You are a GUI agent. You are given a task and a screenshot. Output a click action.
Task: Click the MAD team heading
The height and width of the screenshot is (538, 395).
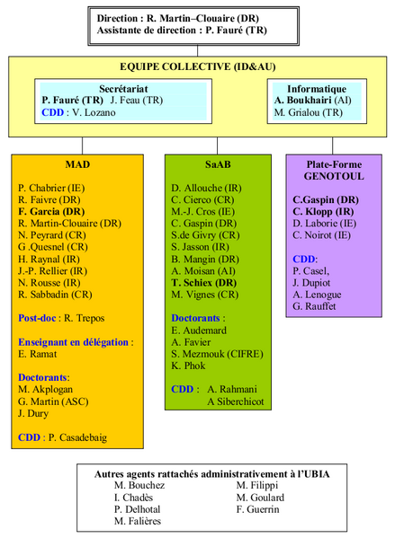pos(77,164)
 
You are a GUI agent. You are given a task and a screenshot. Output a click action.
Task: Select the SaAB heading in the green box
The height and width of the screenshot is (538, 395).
pos(218,164)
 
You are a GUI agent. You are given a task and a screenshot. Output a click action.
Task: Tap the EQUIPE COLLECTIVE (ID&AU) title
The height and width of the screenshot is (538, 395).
pos(198,66)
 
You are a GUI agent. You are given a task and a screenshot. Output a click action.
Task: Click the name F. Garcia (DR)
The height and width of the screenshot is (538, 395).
pos(51,211)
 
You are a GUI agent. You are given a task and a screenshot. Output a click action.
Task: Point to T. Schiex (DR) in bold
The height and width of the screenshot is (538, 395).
pos(204,283)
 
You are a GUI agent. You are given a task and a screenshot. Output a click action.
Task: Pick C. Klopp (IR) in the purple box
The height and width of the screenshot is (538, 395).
pos(323,211)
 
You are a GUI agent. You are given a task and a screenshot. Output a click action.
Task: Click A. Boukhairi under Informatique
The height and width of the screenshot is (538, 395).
pos(303,101)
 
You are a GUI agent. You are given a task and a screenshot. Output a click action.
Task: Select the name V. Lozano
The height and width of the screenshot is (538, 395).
pos(94,112)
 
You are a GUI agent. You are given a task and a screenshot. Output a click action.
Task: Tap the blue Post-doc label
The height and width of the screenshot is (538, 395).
pos(37,318)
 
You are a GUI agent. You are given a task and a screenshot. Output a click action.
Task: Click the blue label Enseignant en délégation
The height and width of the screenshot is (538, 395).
pos(73,342)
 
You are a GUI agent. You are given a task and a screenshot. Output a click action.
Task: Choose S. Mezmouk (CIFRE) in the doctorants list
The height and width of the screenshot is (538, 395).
pos(217,354)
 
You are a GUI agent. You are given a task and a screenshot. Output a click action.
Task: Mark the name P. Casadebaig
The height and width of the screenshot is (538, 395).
pos(77,437)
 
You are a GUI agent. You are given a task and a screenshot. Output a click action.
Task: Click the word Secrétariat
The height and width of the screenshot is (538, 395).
pos(123,89)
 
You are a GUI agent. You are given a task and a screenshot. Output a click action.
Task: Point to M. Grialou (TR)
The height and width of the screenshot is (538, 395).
pos(309,112)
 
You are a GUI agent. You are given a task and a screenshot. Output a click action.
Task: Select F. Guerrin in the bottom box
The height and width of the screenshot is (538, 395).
pos(258,509)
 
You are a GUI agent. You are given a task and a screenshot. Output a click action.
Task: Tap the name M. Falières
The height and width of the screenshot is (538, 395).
pos(138,521)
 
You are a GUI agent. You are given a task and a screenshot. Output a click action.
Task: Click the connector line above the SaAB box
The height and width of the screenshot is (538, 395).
pos(217,146)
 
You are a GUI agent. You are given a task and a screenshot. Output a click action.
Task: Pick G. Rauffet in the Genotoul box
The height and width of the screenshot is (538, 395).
pos(314,306)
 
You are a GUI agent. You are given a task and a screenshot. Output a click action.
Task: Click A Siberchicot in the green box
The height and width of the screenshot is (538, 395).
pos(236,401)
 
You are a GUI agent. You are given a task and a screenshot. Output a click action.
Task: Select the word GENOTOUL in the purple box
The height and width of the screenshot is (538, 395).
pos(334,176)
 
